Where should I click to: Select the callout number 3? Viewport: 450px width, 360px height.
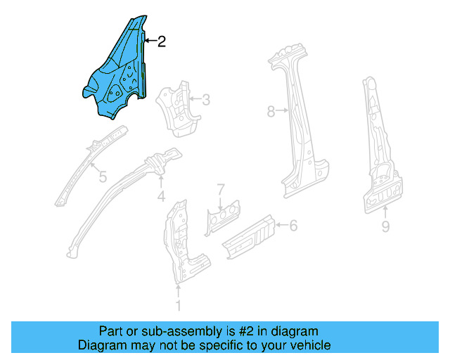205,100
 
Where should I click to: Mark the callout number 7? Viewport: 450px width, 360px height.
220,188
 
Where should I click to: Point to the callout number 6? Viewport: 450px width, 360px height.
294,225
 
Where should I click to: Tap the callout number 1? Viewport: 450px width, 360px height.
178,305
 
